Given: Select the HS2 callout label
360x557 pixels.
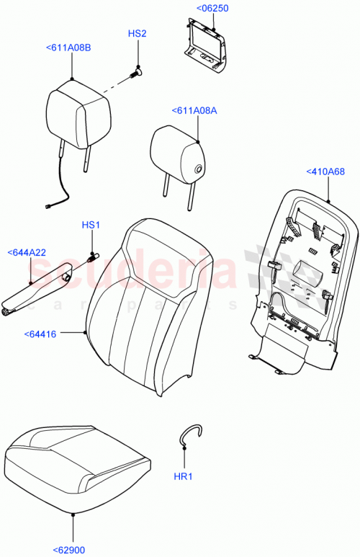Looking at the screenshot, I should (x=137, y=34).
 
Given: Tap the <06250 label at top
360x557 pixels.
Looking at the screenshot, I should (x=212, y=8).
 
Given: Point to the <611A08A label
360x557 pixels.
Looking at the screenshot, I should (x=194, y=110).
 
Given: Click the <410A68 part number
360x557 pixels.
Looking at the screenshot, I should (x=325, y=171).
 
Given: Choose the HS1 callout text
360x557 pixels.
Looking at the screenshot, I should (x=90, y=226).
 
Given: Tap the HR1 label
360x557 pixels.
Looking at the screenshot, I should (x=185, y=476).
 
